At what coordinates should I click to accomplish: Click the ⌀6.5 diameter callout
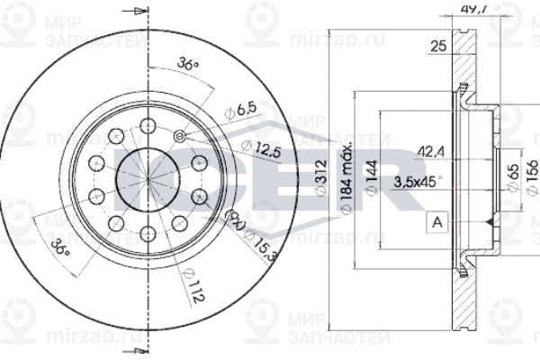point(241,110)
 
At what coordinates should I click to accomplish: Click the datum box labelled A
point(437,222)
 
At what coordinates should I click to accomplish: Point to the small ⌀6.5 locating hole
point(178,137)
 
